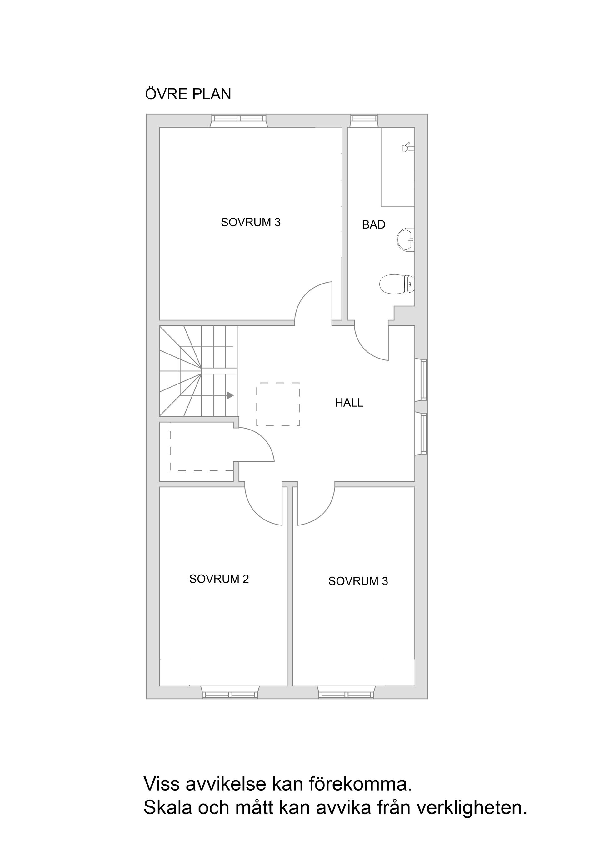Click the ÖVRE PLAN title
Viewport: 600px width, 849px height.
[x=188, y=94]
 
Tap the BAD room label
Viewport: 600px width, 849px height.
[x=373, y=224]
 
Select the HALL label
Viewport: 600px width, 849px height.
[x=349, y=403]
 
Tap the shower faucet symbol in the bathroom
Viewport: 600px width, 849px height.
[x=407, y=148]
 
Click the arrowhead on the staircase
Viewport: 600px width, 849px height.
[x=230, y=396]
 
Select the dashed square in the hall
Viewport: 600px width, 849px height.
[x=278, y=404]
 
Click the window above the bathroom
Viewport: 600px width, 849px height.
[x=364, y=118]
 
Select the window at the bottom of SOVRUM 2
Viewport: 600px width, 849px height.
[x=230, y=695]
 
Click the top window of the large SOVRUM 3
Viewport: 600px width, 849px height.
[x=238, y=118]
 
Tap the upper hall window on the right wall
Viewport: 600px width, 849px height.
[x=424, y=380]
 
